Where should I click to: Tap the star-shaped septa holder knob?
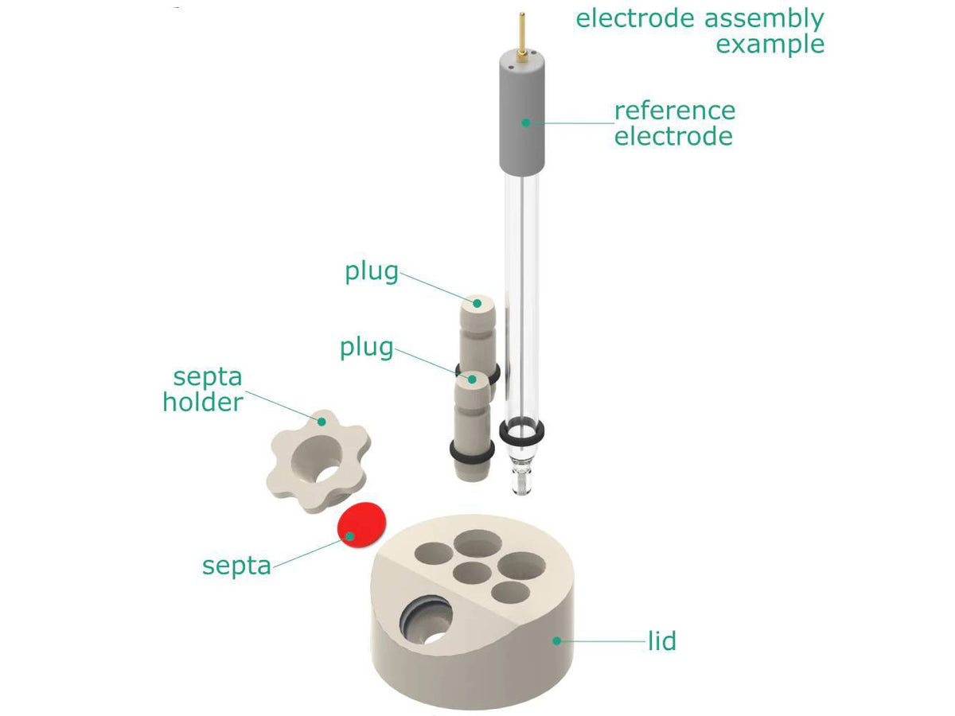click(x=315, y=461)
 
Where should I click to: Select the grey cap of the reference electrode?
click(x=524, y=119)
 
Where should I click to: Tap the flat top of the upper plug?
click(x=477, y=302)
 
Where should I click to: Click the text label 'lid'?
click(x=661, y=640)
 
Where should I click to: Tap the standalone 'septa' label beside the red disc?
click(x=236, y=566)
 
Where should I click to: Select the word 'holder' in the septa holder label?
click(x=203, y=402)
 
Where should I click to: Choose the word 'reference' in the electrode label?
click(x=674, y=110)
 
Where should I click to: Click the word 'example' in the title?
click(x=770, y=43)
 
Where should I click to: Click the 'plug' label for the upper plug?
click(x=371, y=271)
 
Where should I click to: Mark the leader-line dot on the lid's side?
click(x=558, y=640)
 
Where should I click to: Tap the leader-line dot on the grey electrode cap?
click(x=525, y=122)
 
